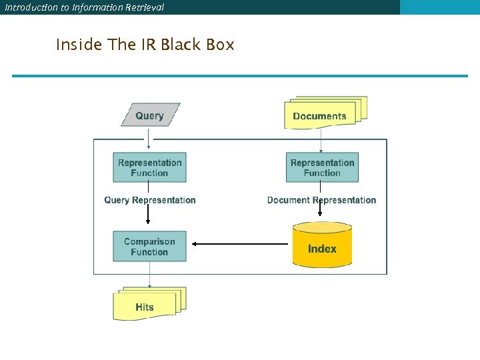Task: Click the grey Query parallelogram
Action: click(x=150, y=115)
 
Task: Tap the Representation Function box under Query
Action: click(x=149, y=167)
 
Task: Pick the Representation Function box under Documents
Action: click(x=322, y=167)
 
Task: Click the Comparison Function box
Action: click(x=149, y=247)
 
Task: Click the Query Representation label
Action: click(x=150, y=200)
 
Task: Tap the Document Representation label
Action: click(x=321, y=200)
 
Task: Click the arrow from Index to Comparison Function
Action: click(x=240, y=244)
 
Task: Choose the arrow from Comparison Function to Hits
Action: click(x=149, y=275)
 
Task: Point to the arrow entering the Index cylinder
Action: click(x=321, y=211)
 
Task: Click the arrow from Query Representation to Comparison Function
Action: click(x=149, y=218)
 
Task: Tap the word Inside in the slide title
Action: click(x=79, y=45)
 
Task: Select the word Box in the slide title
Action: click(x=220, y=45)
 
